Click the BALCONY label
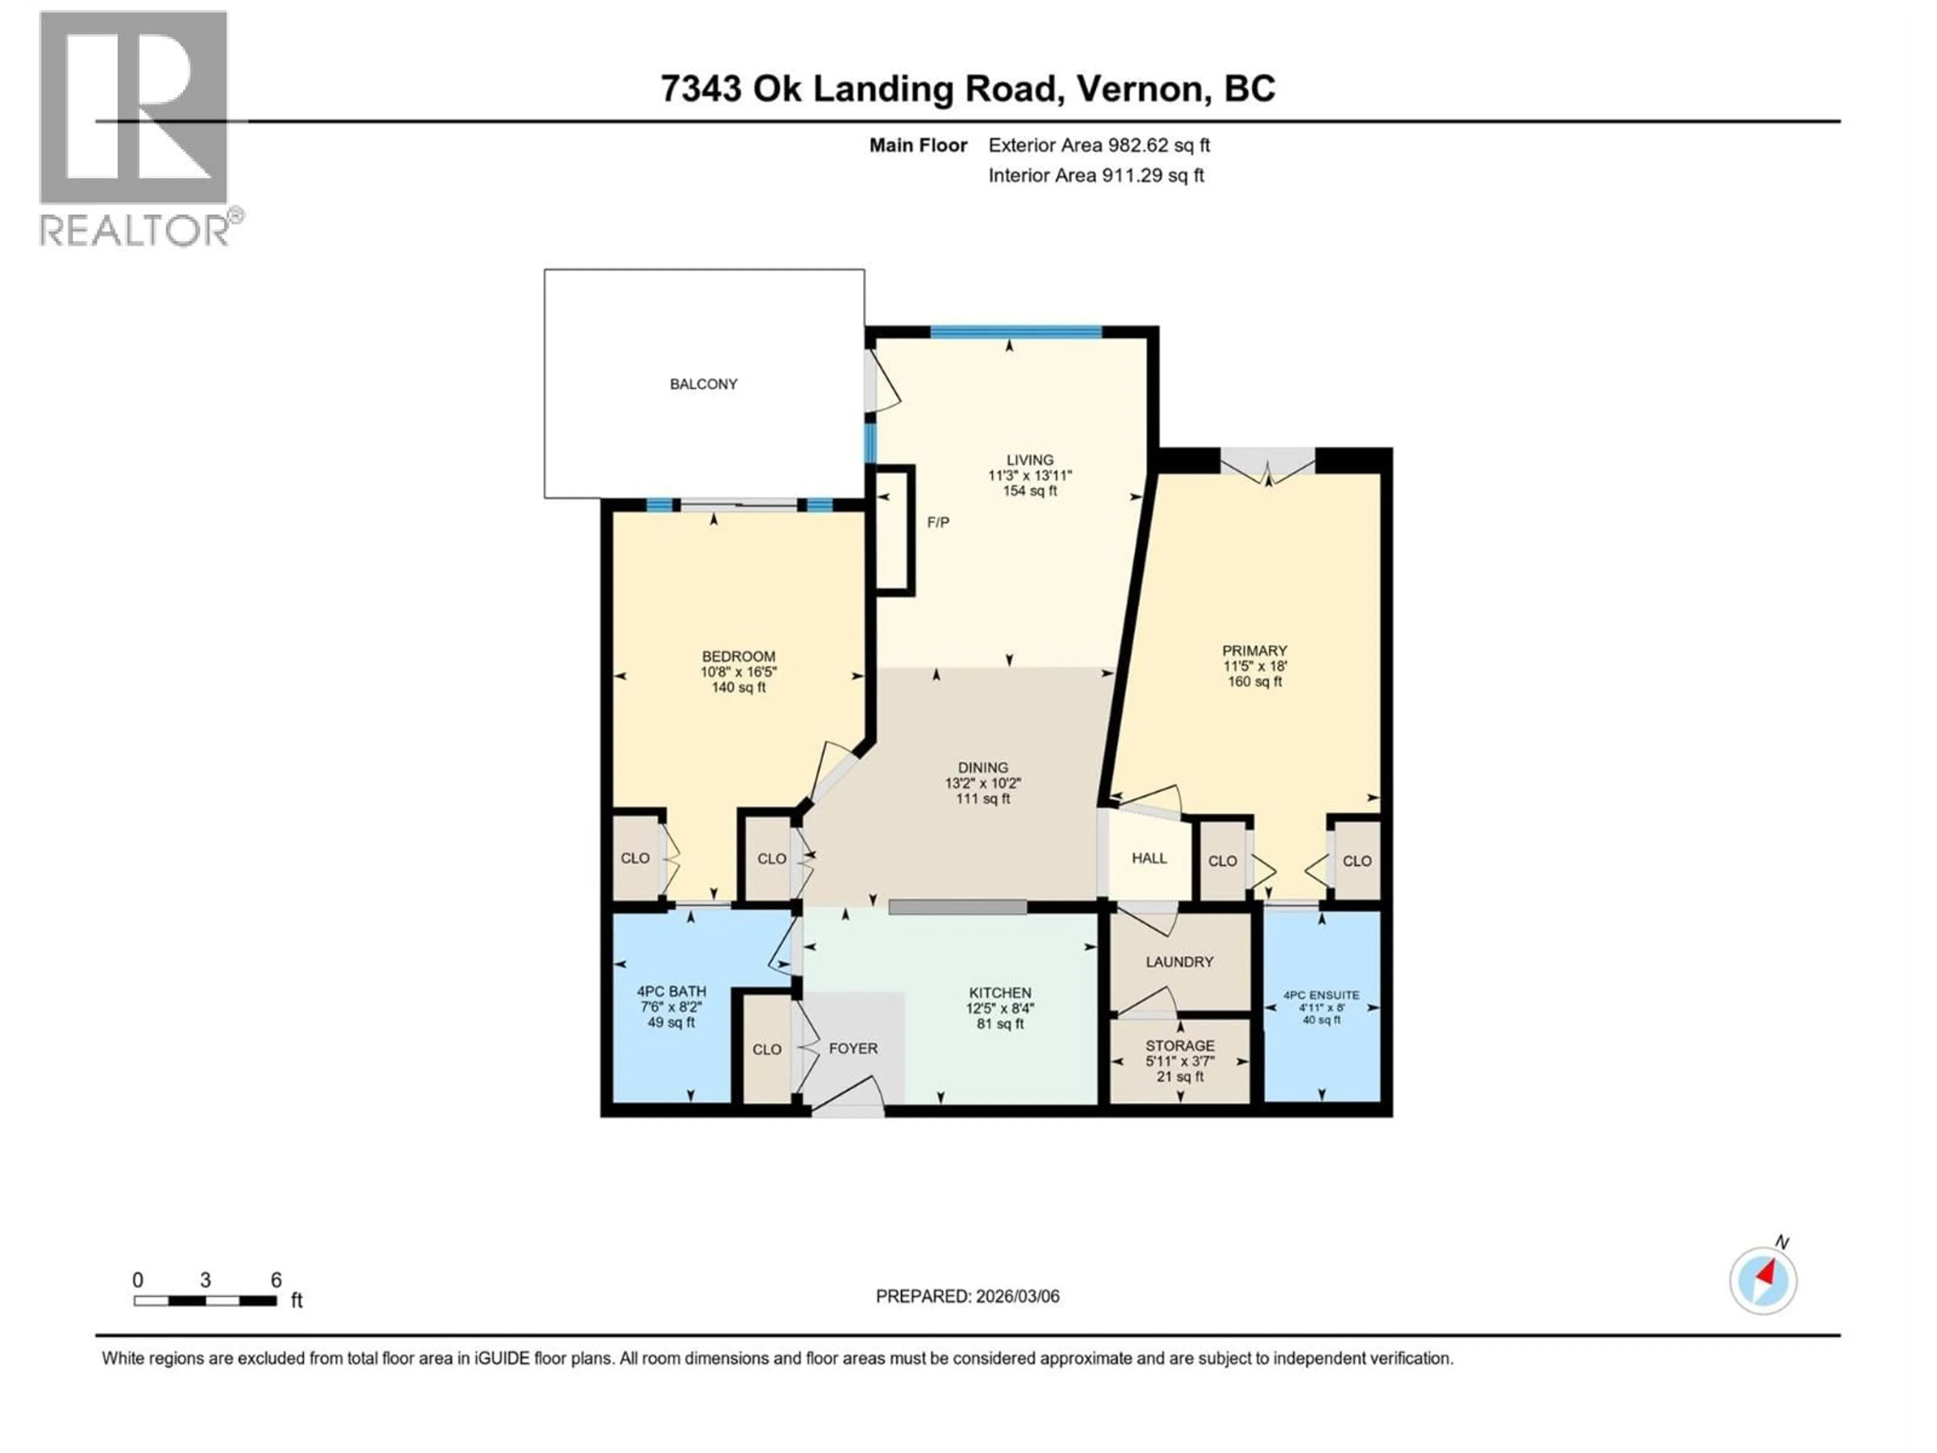tap(703, 383)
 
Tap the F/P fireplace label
tap(938, 522)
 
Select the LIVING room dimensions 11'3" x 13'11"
tap(1030, 476)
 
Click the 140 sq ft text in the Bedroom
tap(738, 688)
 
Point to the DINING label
tap(983, 767)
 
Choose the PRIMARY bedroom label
tap(1254, 651)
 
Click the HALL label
tap(1149, 858)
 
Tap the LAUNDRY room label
tap(1179, 962)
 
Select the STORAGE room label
tap(1179, 1046)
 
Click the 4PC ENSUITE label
tap(1321, 995)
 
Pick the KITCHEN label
tap(999, 992)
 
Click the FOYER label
tap(853, 1048)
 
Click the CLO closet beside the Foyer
tap(766, 1049)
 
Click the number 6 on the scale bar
tap(276, 1279)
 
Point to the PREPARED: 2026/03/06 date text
tap(967, 1296)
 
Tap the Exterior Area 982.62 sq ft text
tap(1099, 145)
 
